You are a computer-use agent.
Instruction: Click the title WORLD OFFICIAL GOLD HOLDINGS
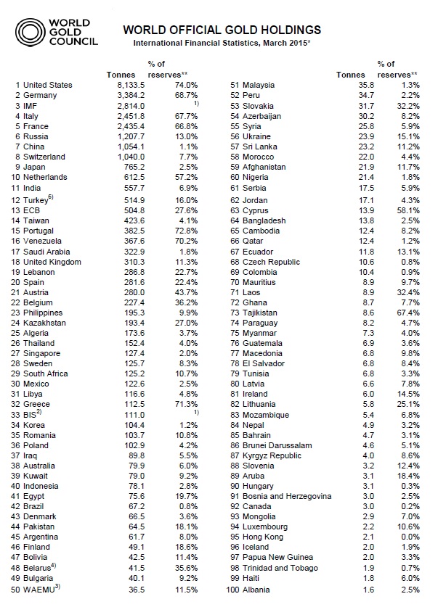coord(222,30)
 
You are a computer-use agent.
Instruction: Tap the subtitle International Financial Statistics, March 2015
coord(221,44)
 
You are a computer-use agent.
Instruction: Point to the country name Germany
coord(40,95)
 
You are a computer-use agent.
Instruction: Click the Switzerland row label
coord(44,157)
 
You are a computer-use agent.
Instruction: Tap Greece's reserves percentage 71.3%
coord(184,405)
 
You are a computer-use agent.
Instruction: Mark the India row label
coord(33,187)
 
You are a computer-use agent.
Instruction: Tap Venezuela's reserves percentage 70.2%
coord(184,239)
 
